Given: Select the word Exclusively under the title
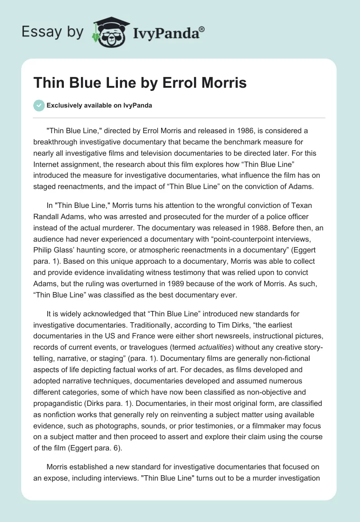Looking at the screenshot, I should [x=63, y=105].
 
